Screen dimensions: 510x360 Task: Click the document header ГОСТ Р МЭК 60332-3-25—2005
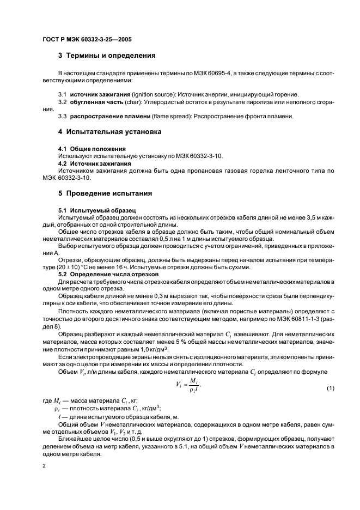tap(87, 40)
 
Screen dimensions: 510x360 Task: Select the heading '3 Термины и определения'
tap(107, 56)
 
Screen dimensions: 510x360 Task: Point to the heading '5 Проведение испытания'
tap(105, 193)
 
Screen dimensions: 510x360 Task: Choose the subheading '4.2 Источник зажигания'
tap(95, 163)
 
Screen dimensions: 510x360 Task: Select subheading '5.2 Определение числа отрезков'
tap(106, 275)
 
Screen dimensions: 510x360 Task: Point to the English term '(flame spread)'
tap(167, 117)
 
